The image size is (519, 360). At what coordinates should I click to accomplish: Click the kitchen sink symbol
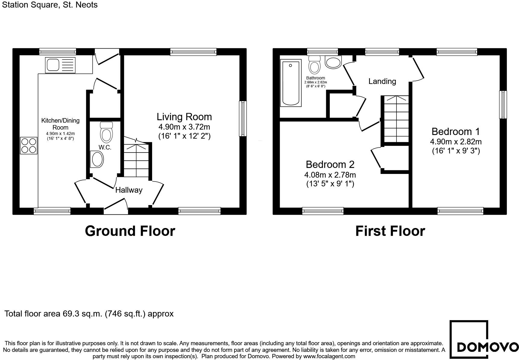(x=60, y=65)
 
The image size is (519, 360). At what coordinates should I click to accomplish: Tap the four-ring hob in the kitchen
(x=29, y=146)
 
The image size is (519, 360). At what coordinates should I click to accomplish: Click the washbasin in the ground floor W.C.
(x=97, y=159)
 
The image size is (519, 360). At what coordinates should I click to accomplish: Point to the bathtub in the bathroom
(x=291, y=83)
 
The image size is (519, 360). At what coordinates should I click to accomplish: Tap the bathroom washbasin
(x=333, y=62)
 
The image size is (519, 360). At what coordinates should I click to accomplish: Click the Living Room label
(x=184, y=117)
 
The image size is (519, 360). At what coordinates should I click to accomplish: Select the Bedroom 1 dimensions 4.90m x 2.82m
(x=456, y=142)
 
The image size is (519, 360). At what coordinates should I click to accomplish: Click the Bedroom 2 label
(x=330, y=165)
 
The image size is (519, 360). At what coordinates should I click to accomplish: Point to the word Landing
(x=382, y=81)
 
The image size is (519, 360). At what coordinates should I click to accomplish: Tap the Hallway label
(x=129, y=190)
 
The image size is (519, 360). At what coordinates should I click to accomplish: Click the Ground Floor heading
(x=130, y=231)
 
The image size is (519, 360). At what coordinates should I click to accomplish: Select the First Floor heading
(x=390, y=231)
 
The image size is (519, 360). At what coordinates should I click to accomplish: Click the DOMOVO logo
(x=484, y=339)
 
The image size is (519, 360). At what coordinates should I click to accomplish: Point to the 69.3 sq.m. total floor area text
(x=89, y=314)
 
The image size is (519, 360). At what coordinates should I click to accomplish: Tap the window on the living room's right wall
(x=243, y=119)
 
